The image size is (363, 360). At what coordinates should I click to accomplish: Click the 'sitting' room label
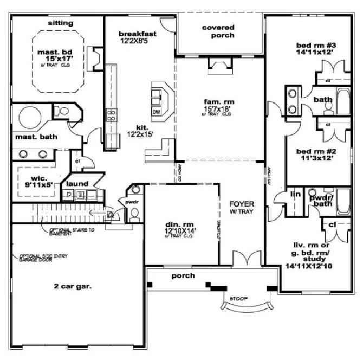pos(60,23)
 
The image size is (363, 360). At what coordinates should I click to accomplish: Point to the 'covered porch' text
pos(218,31)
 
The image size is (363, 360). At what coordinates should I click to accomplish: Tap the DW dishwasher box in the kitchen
pos(157,112)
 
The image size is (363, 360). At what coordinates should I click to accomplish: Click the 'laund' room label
pos(77,184)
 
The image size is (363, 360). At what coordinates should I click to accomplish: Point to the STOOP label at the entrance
pos(239,298)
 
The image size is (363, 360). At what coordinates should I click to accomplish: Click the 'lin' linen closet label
pos(296,194)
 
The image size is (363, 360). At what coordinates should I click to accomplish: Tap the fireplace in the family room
pos(219,67)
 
